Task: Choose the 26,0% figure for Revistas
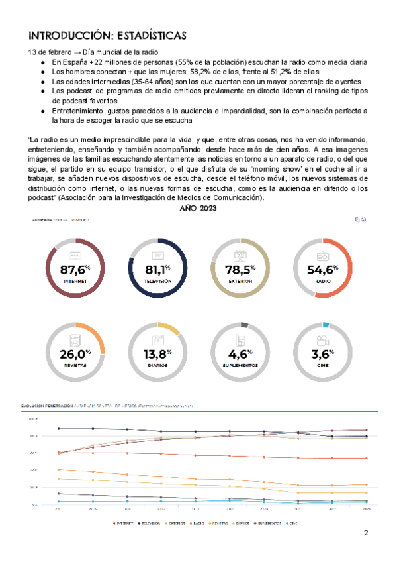[x=74, y=353]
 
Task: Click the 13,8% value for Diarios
[x=158, y=353]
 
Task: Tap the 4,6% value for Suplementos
[x=241, y=353]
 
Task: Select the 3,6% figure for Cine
[x=323, y=353]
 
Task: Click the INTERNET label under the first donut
[x=75, y=281]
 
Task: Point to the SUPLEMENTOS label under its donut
[x=241, y=365]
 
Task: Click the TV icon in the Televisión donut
[x=158, y=256]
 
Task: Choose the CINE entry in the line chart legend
[x=293, y=523]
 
